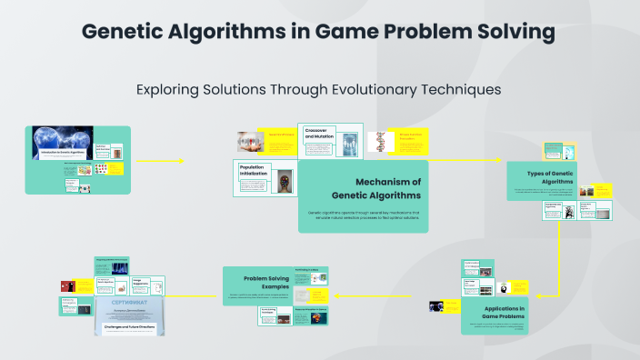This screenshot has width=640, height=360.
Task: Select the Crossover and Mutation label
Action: pyautogui.click(x=320, y=134)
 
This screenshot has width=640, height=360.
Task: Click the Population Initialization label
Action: pyautogui.click(x=255, y=172)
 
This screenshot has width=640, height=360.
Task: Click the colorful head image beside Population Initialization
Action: pyautogui.click(x=285, y=180)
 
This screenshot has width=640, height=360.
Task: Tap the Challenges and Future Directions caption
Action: pyautogui.click(x=128, y=325)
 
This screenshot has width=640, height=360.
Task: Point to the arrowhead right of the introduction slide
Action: pyautogui.click(x=182, y=161)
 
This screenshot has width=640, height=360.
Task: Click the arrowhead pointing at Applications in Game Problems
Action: pyautogui.click(x=537, y=295)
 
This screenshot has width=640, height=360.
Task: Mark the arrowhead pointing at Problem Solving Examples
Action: pyautogui.click(x=337, y=295)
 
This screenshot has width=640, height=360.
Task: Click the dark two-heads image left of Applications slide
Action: pyautogui.click(x=436, y=306)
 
